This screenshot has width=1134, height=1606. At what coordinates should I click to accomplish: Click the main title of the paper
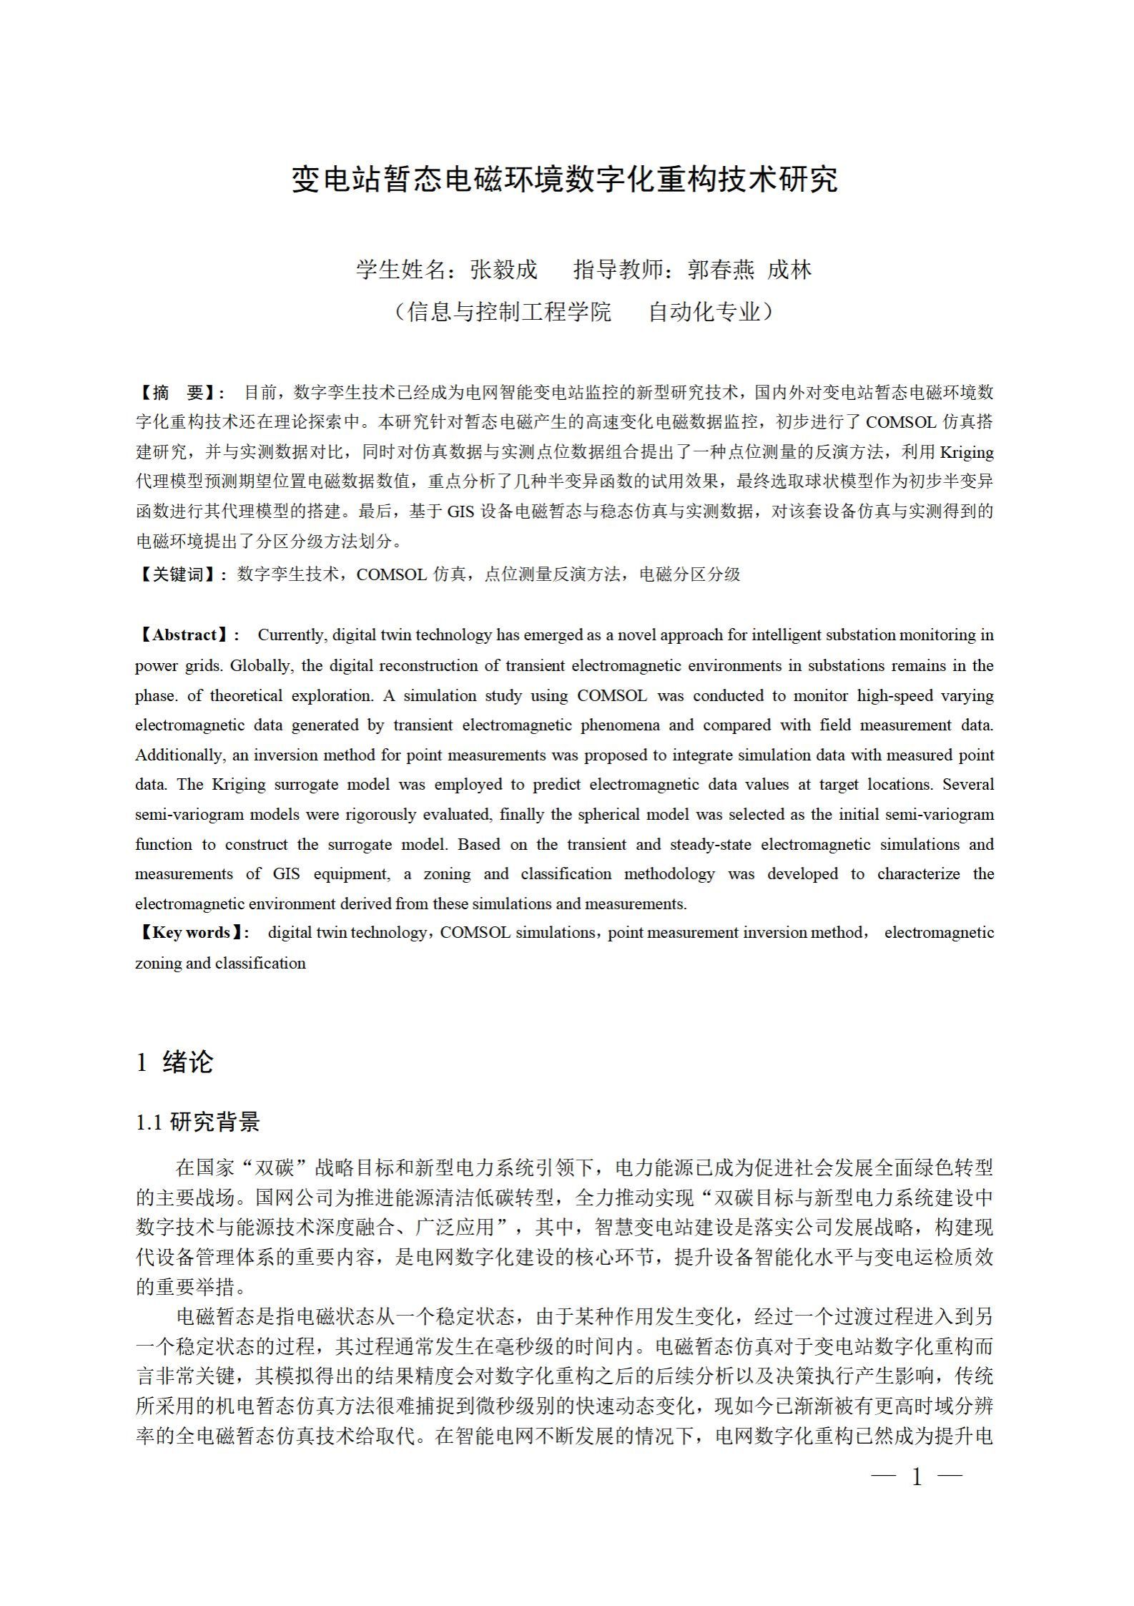(x=565, y=179)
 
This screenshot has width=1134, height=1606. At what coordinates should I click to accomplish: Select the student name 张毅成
(x=503, y=270)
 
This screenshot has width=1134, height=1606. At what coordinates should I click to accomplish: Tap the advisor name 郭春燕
(x=721, y=270)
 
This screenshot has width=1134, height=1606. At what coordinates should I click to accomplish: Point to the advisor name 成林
(x=789, y=270)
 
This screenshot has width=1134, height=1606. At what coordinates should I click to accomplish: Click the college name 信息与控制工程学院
(x=509, y=312)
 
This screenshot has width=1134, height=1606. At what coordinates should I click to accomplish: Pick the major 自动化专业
(x=704, y=312)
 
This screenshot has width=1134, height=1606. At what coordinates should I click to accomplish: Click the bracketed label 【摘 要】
(x=180, y=393)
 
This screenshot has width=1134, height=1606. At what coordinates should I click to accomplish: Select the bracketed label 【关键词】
(x=180, y=574)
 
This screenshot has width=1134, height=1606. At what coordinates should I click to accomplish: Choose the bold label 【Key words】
(x=191, y=933)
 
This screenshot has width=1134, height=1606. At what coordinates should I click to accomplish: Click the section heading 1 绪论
(x=175, y=1062)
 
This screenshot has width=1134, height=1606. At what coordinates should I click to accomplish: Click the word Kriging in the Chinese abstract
(x=967, y=453)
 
